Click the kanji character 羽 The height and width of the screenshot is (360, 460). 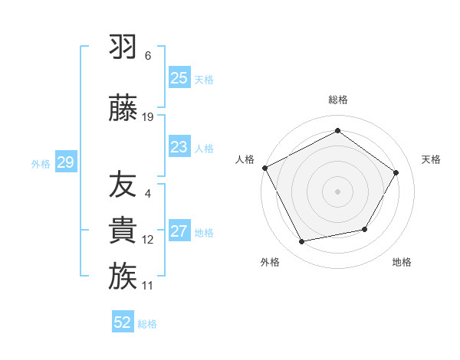pyautogui.click(x=123, y=47)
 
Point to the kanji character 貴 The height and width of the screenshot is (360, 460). pyautogui.click(x=123, y=231)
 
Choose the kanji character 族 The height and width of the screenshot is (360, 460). pyautogui.click(x=123, y=277)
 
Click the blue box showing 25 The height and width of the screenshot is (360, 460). pyautogui.click(x=179, y=77)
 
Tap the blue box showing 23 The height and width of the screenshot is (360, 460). pyautogui.click(x=179, y=146)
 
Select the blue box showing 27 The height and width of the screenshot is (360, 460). pyautogui.click(x=179, y=231)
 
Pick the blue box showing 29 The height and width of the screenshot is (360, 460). pyautogui.click(x=65, y=162)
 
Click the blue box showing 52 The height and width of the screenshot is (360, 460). pyautogui.click(x=123, y=322)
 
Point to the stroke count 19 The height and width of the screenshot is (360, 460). pyautogui.click(x=148, y=117)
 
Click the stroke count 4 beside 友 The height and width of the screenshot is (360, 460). pyautogui.click(x=148, y=194)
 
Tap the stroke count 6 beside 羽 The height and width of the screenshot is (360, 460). pyautogui.click(x=148, y=56)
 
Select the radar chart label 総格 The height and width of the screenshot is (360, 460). pyautogui.click(x=337, y=100)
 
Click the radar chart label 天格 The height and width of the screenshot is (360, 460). pyautogui.click(x=431, y=159)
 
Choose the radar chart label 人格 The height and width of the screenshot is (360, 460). pyautogui.click(x=245, y=159)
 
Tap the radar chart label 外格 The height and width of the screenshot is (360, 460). pyautogui.click(x=270, y=263)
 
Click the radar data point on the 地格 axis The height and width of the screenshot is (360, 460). pyautogui.click(x=365, y=230)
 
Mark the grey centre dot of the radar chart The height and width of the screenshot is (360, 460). pyautogui.click(x=337, y=191)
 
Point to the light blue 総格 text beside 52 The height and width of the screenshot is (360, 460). pyautogui.click(x=148, y=323)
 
